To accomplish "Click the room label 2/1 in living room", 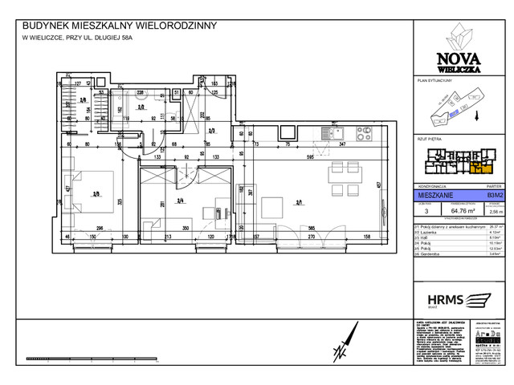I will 299,203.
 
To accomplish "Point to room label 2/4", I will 181,201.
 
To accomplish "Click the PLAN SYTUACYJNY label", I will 436,81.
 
